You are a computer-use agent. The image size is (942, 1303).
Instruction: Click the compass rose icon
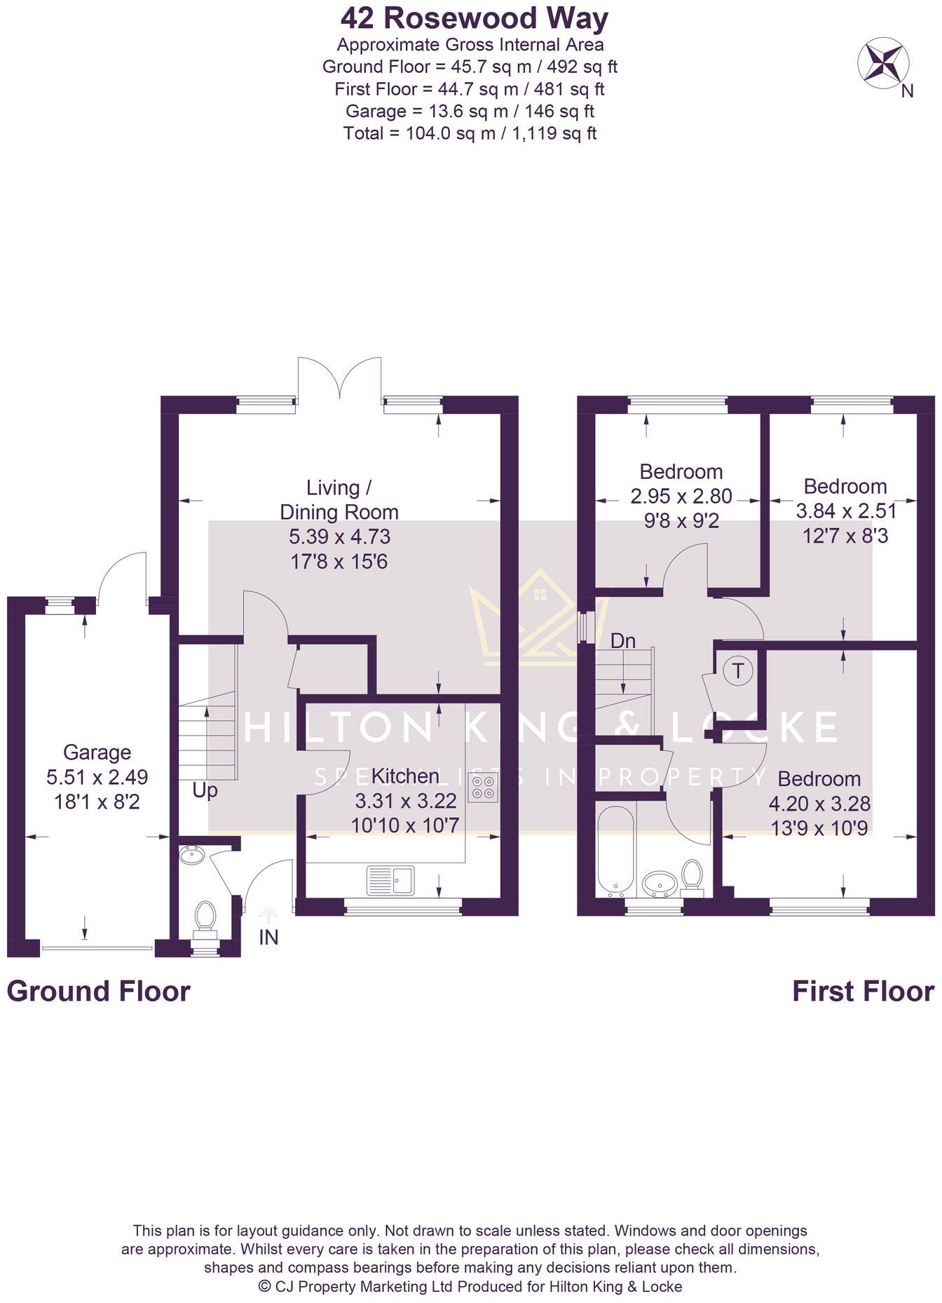point(883,63)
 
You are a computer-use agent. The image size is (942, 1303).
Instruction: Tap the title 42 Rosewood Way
point(475,19)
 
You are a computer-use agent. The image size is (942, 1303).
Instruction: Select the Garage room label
point(97,752)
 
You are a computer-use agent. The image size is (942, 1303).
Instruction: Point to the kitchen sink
point(390,879)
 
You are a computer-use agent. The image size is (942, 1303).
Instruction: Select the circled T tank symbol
point(737,671)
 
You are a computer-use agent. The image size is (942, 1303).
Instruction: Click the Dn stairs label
point(622,640)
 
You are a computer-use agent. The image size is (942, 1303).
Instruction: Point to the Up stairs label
point(205,790)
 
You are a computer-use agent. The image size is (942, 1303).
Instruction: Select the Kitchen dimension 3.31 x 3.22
point(406,800)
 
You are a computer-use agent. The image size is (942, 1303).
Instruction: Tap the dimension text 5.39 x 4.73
point(339,537)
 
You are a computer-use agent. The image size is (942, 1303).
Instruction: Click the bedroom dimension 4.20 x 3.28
point(820,804)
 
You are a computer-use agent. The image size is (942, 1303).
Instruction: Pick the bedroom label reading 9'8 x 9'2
point(681,521)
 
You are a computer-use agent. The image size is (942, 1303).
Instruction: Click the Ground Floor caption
point(99,992)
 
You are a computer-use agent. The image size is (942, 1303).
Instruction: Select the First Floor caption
point(863,992)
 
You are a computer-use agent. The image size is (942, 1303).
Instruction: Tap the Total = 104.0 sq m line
point(470,133)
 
